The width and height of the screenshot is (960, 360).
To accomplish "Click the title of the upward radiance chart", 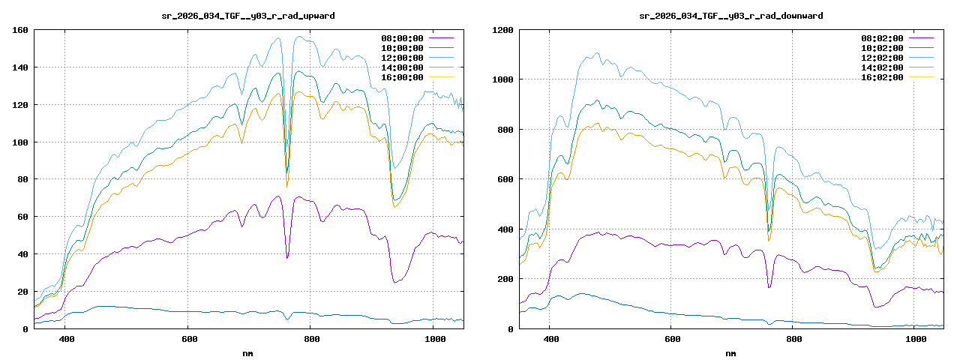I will point(248,15).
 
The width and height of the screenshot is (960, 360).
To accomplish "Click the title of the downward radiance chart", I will point(731,15).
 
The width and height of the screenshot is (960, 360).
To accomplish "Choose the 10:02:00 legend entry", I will point(882,48).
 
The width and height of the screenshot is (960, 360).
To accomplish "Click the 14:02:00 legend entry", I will point(882,67).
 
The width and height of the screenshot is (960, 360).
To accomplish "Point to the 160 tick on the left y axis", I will point(20,31).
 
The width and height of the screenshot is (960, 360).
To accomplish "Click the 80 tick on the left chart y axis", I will point(22,180).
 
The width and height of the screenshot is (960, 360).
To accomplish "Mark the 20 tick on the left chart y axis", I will point(22,292).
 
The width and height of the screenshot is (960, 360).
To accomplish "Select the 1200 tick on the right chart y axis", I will point(502,31).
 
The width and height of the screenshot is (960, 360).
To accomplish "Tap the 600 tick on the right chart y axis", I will point(505,180).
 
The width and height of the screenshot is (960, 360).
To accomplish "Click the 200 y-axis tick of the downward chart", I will point(505,279).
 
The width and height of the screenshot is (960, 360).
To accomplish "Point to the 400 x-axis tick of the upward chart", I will point(66,340).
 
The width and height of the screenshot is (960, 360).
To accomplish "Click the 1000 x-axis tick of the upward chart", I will point(434,340).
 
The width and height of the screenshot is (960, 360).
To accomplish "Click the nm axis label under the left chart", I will point(248,353).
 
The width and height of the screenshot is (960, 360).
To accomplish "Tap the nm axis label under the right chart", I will point(731,353).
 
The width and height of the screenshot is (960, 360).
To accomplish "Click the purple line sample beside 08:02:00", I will point(921,38).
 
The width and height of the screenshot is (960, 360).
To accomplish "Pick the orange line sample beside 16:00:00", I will point(441,77).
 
